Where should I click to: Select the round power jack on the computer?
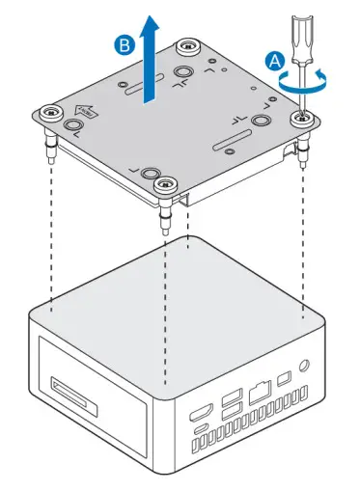click(x=307, y=367)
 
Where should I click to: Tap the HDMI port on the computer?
click(x=201, y=411)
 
